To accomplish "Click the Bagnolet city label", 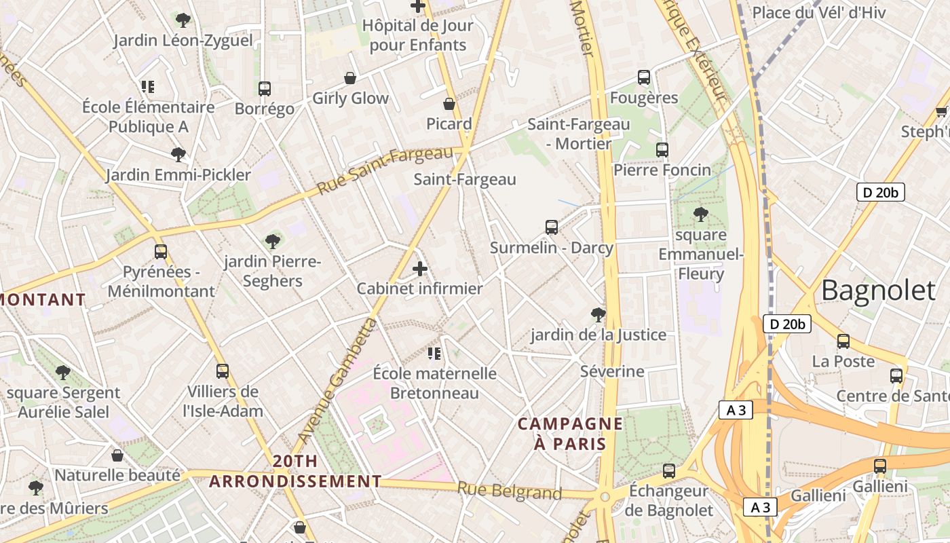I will coord(878,290).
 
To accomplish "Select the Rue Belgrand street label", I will coord(509,491).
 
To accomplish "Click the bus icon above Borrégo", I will coord(265,89).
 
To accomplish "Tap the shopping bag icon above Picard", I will coord(449,104).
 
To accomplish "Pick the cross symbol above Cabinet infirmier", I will coord(420,269).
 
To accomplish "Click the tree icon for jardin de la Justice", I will coord(598,314).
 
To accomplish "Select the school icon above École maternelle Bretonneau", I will coord(434,353).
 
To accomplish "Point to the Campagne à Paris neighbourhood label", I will coord(570,434).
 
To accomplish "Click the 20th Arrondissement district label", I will coord(294,471).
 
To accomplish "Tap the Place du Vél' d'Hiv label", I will coord(819,12).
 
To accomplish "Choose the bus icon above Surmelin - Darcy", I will coord(552,227).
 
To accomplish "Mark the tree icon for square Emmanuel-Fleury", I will coord(701,215).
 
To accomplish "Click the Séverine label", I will coord(612,371).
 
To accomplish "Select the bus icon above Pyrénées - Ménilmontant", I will coord(161,252).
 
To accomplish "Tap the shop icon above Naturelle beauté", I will coord(117,455).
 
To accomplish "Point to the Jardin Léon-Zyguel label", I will coord(183,40).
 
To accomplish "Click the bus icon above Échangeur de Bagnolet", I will coord(669,470).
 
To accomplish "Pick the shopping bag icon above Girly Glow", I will coord(350,78).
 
